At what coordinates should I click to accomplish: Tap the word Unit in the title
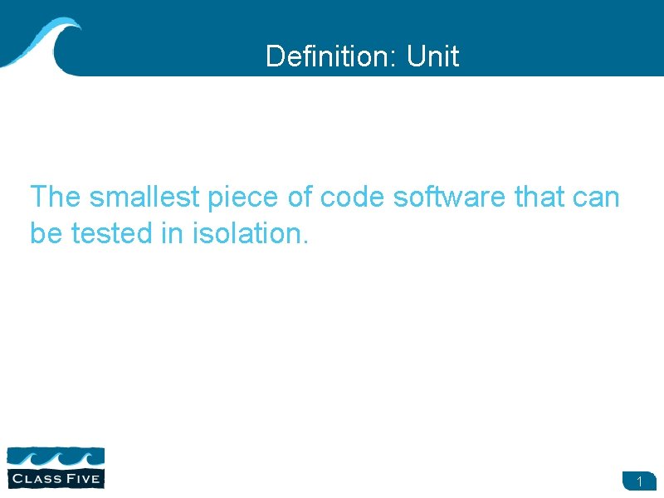coord(433,56)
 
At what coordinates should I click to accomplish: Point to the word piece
coord(232,198)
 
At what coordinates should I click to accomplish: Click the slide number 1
coord(640,481)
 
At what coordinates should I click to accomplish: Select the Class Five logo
coord(56,466)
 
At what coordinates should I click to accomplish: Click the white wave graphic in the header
coord(41,41)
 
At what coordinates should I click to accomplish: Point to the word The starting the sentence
coord(56,198)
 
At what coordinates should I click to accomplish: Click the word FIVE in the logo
coord(84,478)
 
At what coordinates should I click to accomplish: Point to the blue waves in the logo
coord(56,457)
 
